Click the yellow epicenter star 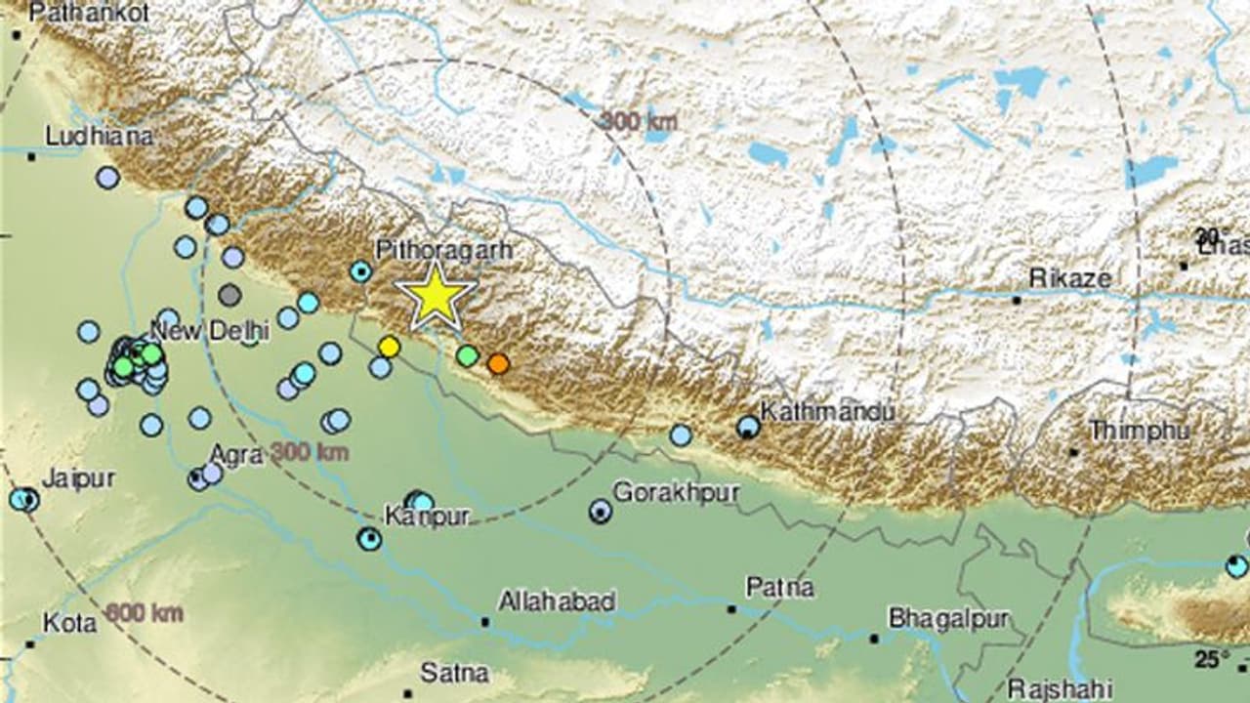pos(436,295)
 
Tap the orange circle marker pos(498,363)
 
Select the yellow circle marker pos(390,346)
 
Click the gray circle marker pos(229,294)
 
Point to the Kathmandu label pos(827,412)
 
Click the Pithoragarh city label pos(444,251)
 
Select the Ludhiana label pos(99,136)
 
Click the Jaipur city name pos(78,478)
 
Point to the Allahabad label pos(557,601)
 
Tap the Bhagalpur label pos(946,619)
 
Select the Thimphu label pos(1139,430)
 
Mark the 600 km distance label pos(144,613)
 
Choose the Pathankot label pos(90,13)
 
